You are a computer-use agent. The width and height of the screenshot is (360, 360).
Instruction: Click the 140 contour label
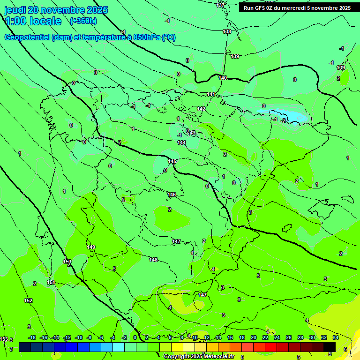coord(223,78)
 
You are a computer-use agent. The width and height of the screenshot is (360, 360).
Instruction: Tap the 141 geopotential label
coord(211,95)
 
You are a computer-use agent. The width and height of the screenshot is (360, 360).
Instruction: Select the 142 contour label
coord(202,109)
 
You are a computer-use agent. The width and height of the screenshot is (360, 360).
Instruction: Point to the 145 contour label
coord(172,161)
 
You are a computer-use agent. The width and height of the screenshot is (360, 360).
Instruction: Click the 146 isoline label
coord(172,195)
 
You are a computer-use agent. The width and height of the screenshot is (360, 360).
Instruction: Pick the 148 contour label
coord(153,260)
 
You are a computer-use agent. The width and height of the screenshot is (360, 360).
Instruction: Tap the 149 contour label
coord(91,247)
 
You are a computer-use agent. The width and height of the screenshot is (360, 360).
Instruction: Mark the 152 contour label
coord(28,300)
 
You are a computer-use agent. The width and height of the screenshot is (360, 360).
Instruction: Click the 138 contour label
coord(227,31)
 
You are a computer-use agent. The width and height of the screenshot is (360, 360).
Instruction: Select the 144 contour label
coord(182,142)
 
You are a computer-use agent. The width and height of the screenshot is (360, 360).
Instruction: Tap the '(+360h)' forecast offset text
coord(83,21)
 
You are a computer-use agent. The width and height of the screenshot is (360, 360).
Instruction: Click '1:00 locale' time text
coord(33,21)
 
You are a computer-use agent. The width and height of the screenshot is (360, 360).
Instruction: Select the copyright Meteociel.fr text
coord(199,357)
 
